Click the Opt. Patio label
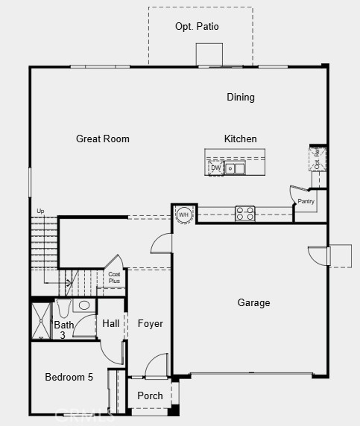pyautogui.click(x=197, y=26)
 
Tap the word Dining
pyautogui.click(x=241, y=97)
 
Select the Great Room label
pyautogui.click(x=103, y=139)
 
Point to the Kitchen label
pyautogui.click(x=240, y=139)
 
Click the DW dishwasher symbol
pyautogui.click(x=215, y=168)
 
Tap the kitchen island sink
pyautogui.click(x=235, y=168)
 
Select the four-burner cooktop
pyautogui.click(x=245, y=214)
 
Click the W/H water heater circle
pyautogui.click(x=184, y=214)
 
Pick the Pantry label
pyautogui.click(x=306, y=202)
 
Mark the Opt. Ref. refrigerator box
pyautogui.click(x=317, y=159)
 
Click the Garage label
pyautogui.click(x=253, y=302)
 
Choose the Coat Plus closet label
pyautogui.click(x=114, y=278)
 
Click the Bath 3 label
pyautogui.click(x=63, y=330)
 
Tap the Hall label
pyautogui.click(x=111, y=323)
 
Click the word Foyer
pyautogui.click(x=150, y=323)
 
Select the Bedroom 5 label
pyautogui.click(x=69, y=377)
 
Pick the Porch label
pyautogui.click(x=150, y=395)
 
